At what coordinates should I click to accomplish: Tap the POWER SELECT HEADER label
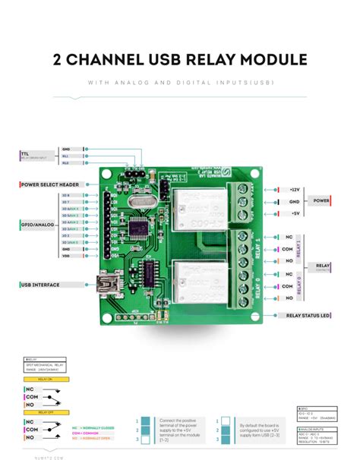pyautogui.click(x=50, y=184)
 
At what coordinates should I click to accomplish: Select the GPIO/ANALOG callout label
pyautogui.click(x=38, y=225)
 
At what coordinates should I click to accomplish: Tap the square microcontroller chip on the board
pyautogui.click(x=140, y=228)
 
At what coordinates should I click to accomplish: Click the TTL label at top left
pyautogui.click(x=25, y=155)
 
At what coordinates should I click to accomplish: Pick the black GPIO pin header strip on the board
pyautogui.click(x=109, y=225)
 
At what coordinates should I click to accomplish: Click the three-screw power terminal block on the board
pyautogui.click(x=243, y=201)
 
